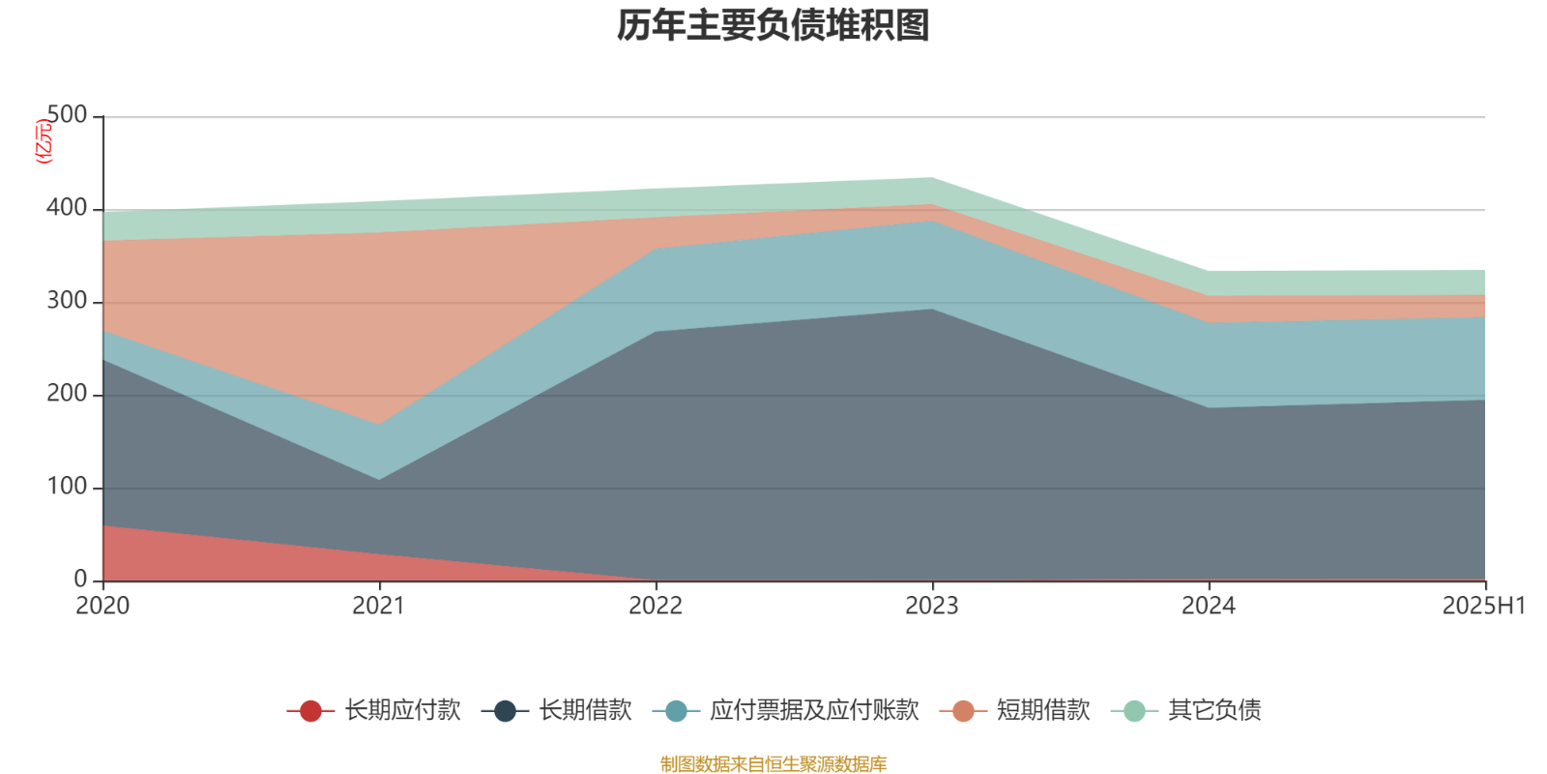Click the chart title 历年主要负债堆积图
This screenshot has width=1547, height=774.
pos(773,26)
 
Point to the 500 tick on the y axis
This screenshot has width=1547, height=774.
pos(67,115)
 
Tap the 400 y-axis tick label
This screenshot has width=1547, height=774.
pos(67,208)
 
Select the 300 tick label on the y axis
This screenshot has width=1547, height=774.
pos(67,301)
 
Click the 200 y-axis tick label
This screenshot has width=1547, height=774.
pos(67,394)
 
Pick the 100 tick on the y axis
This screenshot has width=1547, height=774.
pos(67,487)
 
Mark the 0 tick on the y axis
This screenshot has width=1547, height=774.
pos(80,580)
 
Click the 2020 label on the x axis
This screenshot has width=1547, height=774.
pos(102,607)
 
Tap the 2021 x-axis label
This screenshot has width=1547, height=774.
pos(379,607)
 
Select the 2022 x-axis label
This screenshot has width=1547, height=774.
pos(656,607)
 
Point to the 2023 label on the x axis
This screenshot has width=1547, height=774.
pos(932,607)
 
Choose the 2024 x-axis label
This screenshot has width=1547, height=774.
pos(1209,607)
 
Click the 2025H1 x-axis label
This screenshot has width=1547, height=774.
pos(1483,607)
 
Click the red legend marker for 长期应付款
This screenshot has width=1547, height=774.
pos(310,711)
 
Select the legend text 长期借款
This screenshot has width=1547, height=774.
pos(585,711)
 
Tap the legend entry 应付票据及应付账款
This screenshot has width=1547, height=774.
pos(814,711)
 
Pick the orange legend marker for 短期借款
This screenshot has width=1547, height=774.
pos(963,711)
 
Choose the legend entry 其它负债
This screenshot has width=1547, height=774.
pos(1214,711)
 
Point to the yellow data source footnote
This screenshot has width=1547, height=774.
pos(773,764)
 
